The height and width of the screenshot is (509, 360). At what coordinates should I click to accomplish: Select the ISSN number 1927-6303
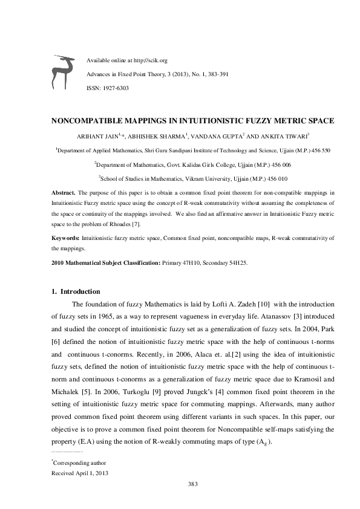116,88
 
